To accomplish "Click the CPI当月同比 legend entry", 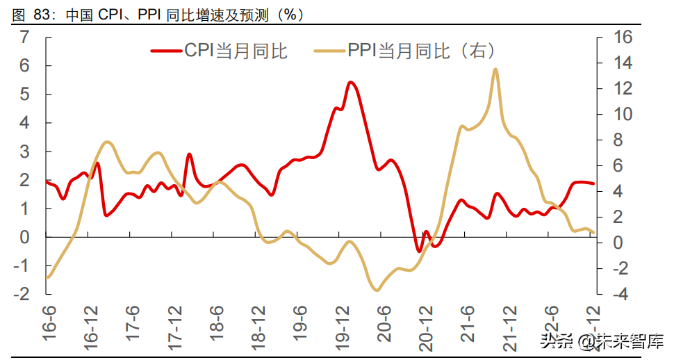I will (x=219, y=51).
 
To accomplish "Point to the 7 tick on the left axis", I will (x=25, y=38).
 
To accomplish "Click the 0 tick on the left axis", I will (x=25, y=237).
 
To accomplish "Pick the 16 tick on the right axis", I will (x=623, y=38).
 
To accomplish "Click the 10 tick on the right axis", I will (x=623, y=114).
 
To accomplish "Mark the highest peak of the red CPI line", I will (x=351, y=82).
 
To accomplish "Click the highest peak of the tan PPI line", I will (x=495, y=69).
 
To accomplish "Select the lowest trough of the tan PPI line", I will (x=377, y=290).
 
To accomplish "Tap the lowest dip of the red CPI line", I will (x=419, y=251).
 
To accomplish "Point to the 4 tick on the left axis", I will (x=25, y=123).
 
